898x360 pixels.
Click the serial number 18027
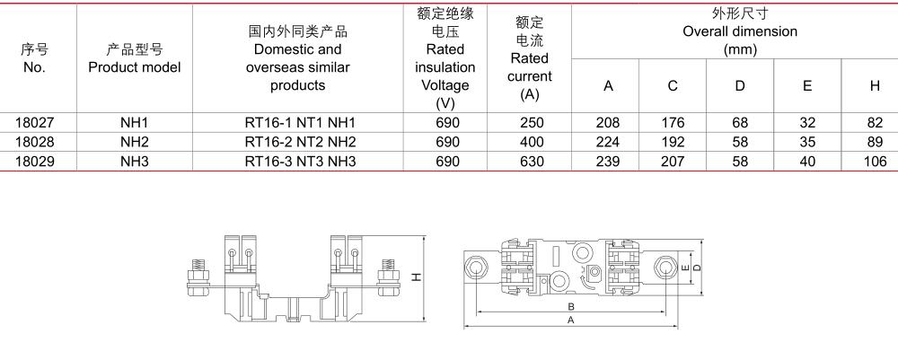pyautogui.click(x=34, y=122)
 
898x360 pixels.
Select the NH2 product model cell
pyautogui.click(x=135, y=142)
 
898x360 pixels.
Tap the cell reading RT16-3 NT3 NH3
pyautogui.click(x=300, y=162)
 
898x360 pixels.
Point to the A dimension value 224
pyautogui.click(x=608, y=142)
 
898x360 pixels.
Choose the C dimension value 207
pyautogui.click(x=673, y=162)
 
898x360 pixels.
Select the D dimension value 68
pyautogui.click(x=740, y=122)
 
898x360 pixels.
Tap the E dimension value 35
pyautogui.click(x=807, y=142)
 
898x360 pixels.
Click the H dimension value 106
pyautogui.click(x=875, y=162)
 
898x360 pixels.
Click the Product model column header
pyautogui.click(x=135, y=58)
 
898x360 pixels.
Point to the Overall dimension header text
pyautogui.click(x=740, y=31)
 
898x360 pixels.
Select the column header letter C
pyautogui.click(x=673, y=86)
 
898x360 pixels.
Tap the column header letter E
pyautogui.click(x=807, y=86)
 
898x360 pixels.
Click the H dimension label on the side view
pyautogui.click(x=418, y=277)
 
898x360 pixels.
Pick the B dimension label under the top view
pyautogui.click(x=570, y=306)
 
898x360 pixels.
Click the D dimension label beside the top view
pyautogui.click(x=697, y=268)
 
